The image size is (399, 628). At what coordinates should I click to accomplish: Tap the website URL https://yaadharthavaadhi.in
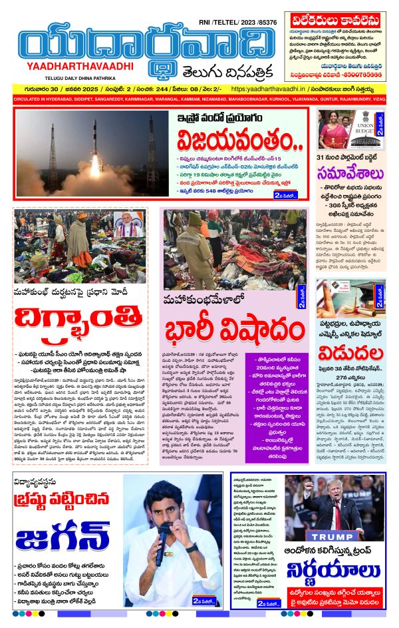click(x=272, y=89)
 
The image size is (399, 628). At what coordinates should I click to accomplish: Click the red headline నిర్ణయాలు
click(x=332, y=573)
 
